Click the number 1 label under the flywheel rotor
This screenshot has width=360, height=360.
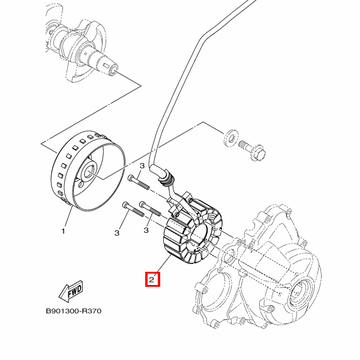coord(62,230)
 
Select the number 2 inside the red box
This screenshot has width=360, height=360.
coord(152,279)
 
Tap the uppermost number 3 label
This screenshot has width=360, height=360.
coord(142,166)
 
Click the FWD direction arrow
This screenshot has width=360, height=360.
coord(71,292)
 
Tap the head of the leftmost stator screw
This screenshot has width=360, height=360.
coord(124,205)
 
